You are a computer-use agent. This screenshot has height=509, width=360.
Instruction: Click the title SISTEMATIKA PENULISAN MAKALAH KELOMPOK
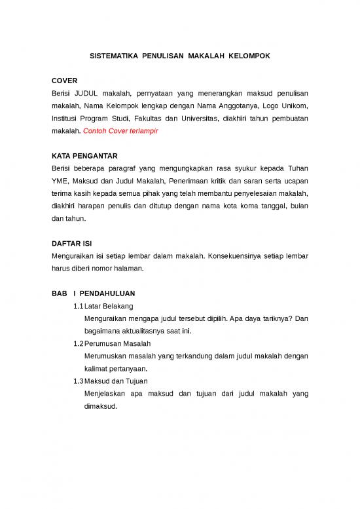click(179, 57)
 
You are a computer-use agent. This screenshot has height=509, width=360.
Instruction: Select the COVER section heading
click(64, 81)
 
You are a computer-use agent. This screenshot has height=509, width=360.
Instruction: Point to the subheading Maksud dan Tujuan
click(118, 381)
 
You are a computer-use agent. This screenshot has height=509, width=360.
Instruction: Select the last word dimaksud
click(101, 405)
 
